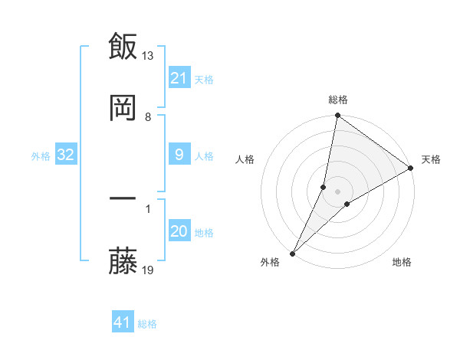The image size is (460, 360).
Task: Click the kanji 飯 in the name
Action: pyautogui.click(x=123, y=46)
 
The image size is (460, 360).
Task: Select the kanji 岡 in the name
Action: pyautogui.click(x=123, y=108)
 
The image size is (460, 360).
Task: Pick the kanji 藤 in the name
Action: pyautogui.click(x=123, y=263)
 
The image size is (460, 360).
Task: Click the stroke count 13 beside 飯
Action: pyautogui.click(x=148, y=55)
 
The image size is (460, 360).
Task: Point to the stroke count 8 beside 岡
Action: pyautogui.click(x=148, y=117)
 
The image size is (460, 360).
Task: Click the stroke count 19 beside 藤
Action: pyautogui.click(x=148, y=270)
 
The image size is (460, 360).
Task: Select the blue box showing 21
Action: pyautogui.click(x=179, y=77)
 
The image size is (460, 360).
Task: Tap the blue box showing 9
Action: pyautogui.click(x=179, y=155)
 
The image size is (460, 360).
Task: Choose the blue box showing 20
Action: pyautogui.click(x=179, y=231)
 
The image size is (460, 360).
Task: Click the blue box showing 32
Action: pyautogui.click(x=66, y=155)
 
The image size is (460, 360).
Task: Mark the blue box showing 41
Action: pyautogui.click(x=123, y=322)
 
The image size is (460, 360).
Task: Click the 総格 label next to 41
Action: pyautogui.click(x=147, y=324)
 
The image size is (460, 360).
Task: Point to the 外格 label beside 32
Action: pyautogui.click(x=41, y=156)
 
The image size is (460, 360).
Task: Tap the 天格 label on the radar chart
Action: pyautogui.click(x=431, y=159)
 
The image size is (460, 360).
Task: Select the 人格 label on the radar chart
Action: pyautogui.click(x=245, y=159)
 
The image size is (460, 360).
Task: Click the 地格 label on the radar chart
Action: pyautogui.click(x=402, y=263)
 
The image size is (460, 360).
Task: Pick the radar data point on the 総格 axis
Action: pyautogui.click(x=337, y=116)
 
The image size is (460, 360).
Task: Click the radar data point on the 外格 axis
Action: pyautogui.click(x=292, y=253)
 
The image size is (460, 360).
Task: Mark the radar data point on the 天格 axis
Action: pyautogui.click(x=411, y=168)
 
